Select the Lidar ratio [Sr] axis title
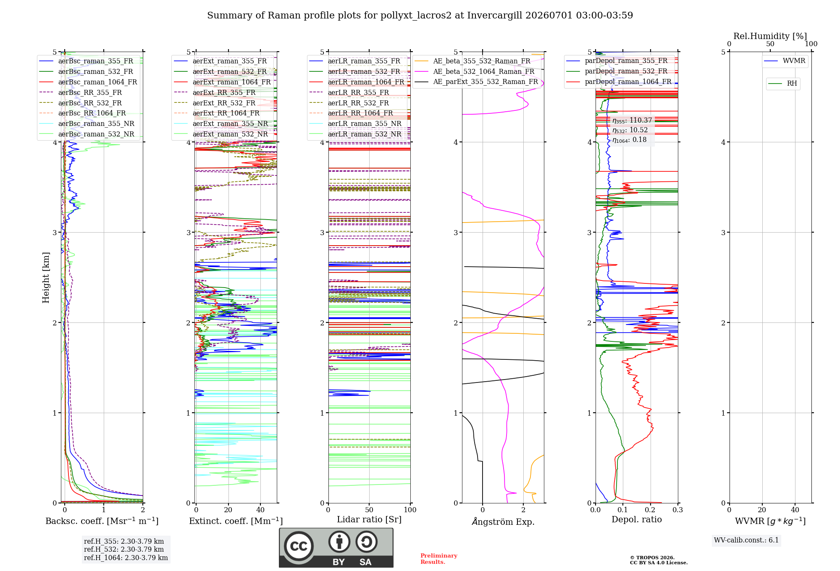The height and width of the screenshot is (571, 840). pos(369,519)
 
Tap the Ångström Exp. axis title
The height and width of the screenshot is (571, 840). pos(503,521)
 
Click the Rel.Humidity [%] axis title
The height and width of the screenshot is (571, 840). pos(770,36)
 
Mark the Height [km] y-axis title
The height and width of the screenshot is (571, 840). pos(46,278)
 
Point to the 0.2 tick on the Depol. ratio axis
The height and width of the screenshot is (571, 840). pos(650,510)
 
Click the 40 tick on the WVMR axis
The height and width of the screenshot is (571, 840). pos(795,510)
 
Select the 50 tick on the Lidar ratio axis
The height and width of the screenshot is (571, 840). pos(369,510)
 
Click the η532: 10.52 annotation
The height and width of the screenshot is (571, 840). pos(630,130)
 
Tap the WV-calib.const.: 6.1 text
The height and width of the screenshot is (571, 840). pos(746,540)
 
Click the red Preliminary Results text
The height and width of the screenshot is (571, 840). pos(438,559)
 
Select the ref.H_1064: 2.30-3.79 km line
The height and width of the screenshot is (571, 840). pos(126,558)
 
